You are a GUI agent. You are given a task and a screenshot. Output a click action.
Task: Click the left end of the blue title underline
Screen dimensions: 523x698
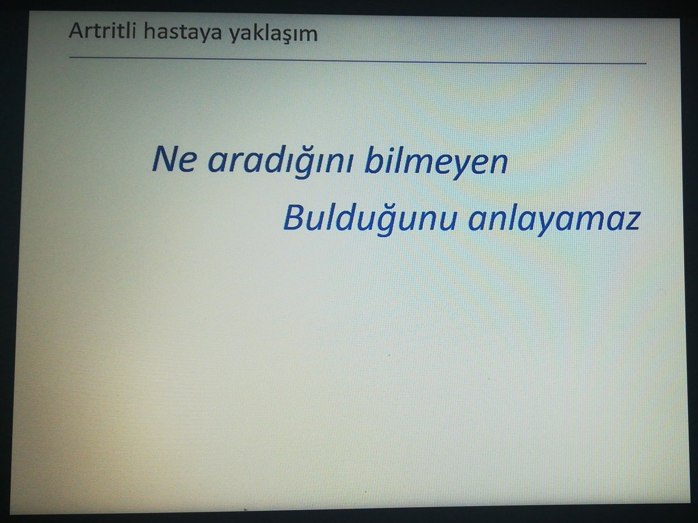(x=70, y=58)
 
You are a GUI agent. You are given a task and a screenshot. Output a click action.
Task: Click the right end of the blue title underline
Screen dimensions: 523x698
(x=646, y=63)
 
